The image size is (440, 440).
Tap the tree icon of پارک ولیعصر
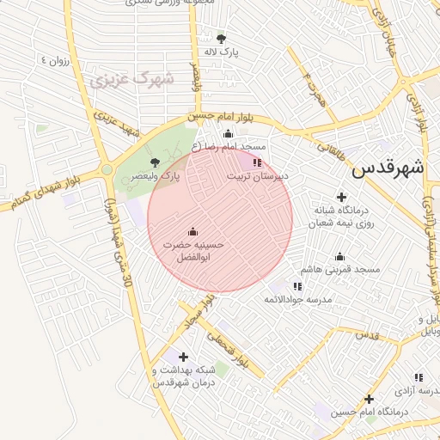[x=155, y=162]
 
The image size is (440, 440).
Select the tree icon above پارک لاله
[x=222, y=38]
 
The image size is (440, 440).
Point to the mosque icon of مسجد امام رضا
[x=228, y=133]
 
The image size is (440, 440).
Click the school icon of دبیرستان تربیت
[x=257, y=162]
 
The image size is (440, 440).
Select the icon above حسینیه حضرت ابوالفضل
[x=192, y=230]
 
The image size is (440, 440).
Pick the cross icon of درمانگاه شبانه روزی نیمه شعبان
[x=341, y=198]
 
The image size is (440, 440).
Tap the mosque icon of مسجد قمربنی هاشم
[x=339, y=256]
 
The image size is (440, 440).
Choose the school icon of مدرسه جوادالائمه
[x=297, y=285]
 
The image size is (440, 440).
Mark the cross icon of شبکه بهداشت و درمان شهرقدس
[x=182, y=356]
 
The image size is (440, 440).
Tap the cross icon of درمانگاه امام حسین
[x=369, y=399]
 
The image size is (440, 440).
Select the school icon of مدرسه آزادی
[x=419, y=376]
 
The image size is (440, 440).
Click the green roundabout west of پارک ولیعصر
[x=107, y=170]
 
